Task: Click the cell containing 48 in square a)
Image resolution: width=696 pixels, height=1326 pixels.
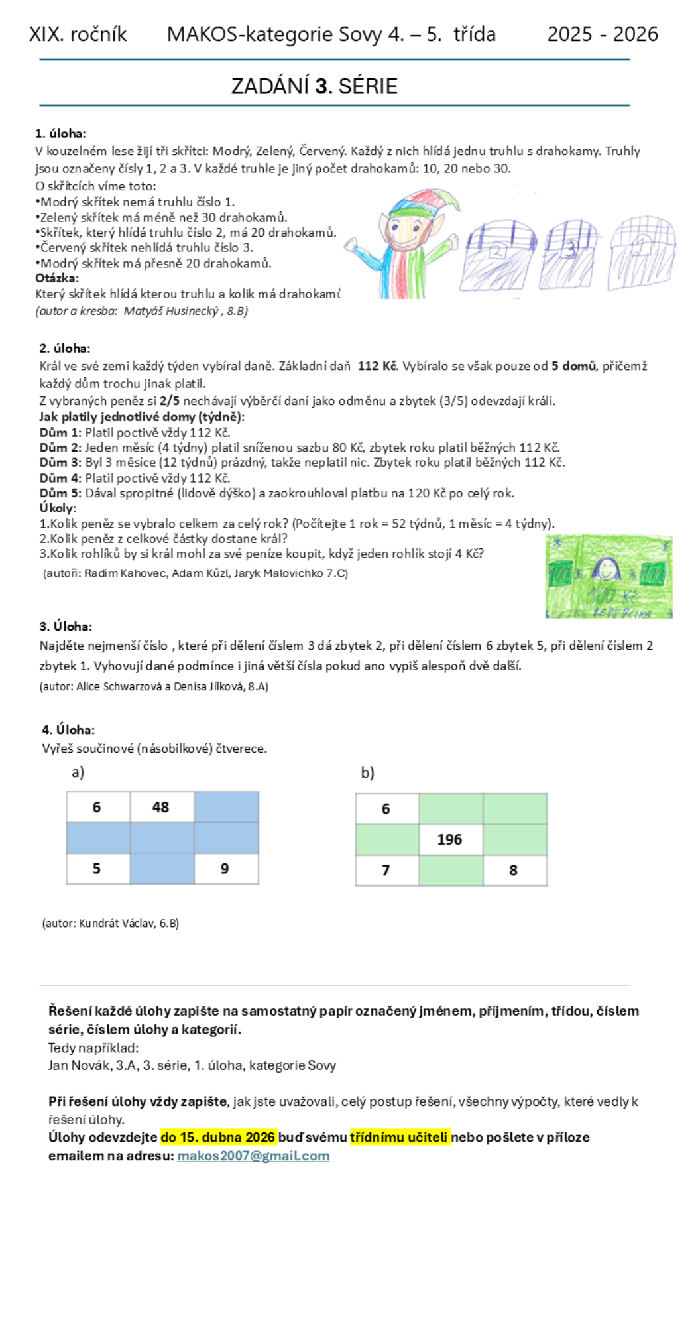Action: coord(161,807)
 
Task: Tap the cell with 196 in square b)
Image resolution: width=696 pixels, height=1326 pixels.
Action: coord(450,839)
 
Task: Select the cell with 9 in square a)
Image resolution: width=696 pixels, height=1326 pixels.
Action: coord(225,869)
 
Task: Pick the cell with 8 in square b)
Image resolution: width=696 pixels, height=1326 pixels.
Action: coord(514,870)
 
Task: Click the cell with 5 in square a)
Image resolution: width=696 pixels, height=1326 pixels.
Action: coord(97,869)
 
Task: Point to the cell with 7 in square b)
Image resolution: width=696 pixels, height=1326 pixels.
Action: coord(386,870)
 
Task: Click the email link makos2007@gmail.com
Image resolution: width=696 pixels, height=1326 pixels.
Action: coord(253,1156)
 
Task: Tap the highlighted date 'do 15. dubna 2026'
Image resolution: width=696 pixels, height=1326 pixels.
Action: coord(218,1137)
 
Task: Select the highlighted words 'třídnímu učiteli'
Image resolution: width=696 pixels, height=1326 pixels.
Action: coord(400,1137)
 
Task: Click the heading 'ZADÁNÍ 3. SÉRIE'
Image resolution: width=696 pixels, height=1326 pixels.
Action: coord(314,86)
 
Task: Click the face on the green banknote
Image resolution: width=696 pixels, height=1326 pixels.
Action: coord(606,569)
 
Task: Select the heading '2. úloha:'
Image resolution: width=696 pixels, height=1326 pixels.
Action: coord(65,348)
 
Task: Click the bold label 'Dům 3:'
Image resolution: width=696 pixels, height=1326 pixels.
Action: coord(60,462)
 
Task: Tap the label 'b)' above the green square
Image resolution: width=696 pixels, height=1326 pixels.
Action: coord(367,772)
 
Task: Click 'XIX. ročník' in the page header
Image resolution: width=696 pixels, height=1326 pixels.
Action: coord(78,34)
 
